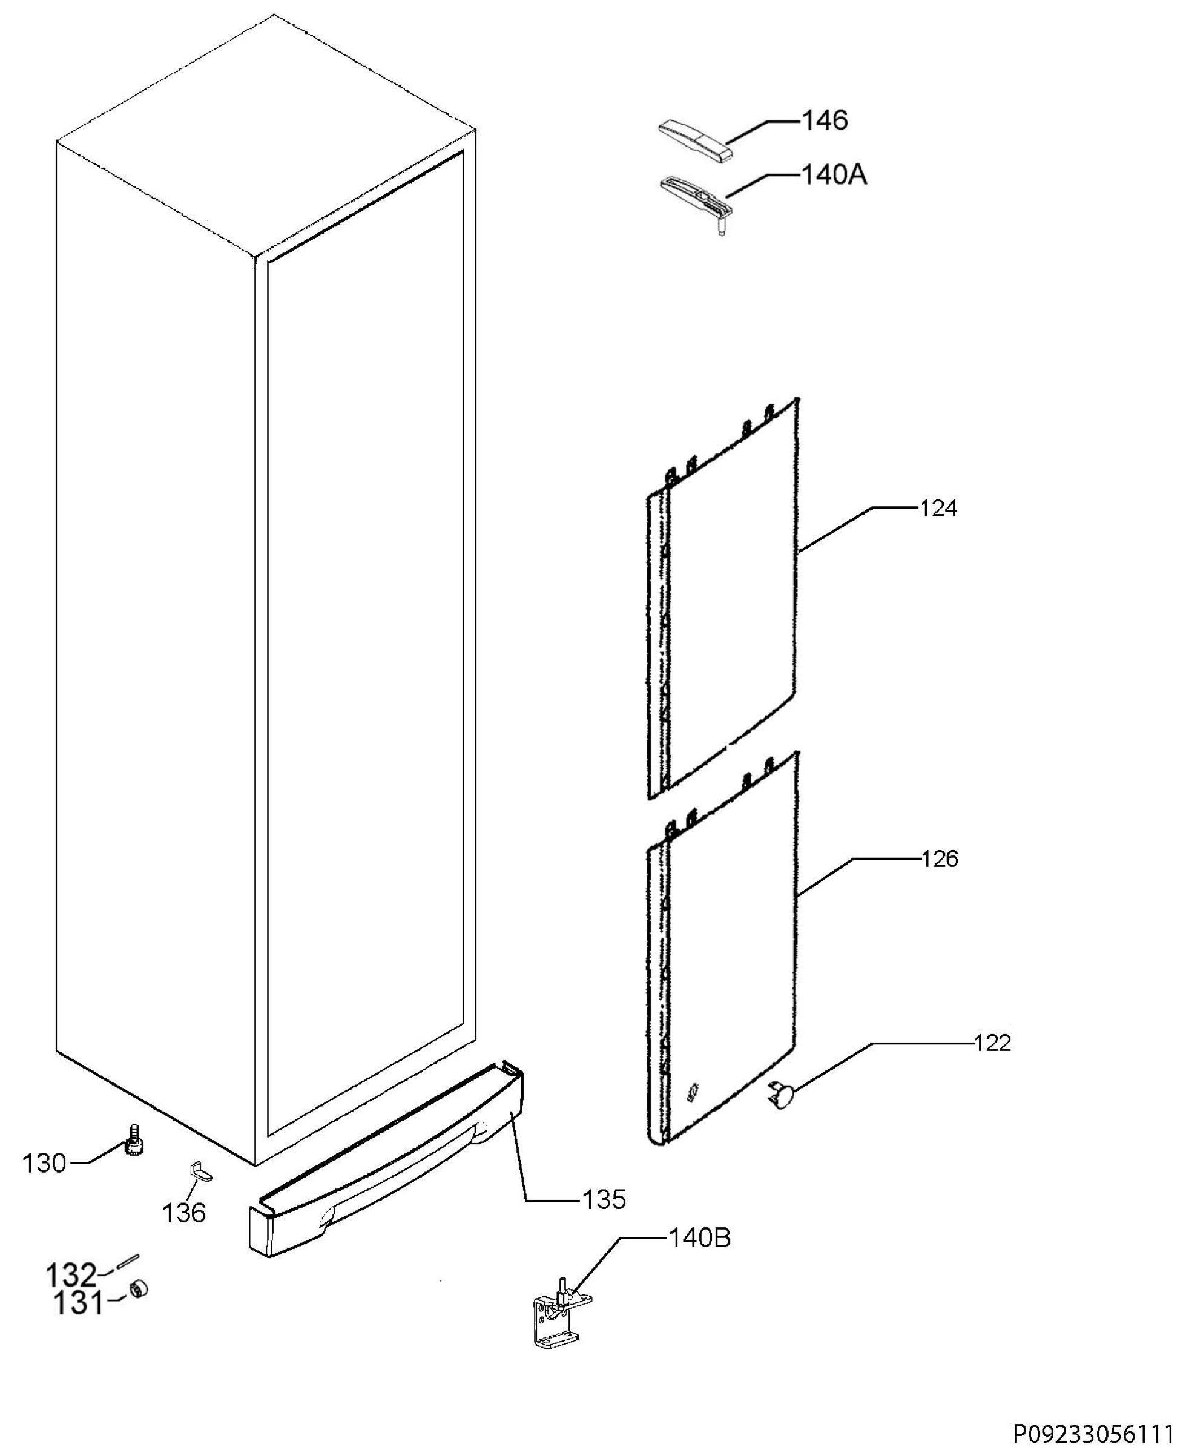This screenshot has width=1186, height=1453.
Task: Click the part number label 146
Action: [x=824, y=120]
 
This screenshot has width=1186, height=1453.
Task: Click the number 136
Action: [x=184, y=1213]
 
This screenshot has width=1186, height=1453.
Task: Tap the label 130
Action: [x=45, y=1164]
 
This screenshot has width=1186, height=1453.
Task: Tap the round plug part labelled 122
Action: [x=781, y=1096]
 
